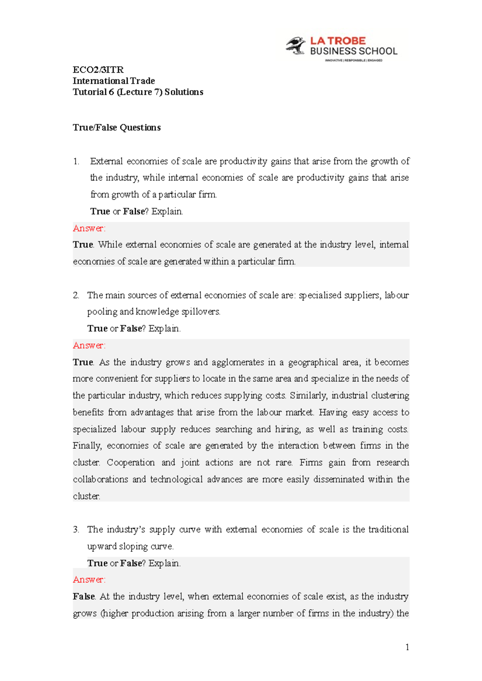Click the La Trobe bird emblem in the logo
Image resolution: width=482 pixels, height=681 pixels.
point(296,45)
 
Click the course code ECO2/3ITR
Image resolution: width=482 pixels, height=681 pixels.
point(98,70)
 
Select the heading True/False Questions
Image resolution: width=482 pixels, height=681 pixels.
point(116,128)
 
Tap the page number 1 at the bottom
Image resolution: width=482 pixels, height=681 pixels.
point(407,647)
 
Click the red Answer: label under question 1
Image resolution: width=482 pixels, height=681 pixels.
point(89,228)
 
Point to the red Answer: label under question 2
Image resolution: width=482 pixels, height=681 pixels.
point(89,345)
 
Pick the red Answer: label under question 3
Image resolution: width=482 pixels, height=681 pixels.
point(89,580)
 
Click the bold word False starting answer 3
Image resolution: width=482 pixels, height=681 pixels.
point(84,596)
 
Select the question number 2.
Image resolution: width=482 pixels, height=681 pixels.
point(76,295)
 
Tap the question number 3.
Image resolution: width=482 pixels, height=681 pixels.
point(76,529)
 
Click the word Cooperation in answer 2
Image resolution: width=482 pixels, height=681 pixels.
point(131,462)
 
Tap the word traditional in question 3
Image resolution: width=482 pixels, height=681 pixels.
point(388,529)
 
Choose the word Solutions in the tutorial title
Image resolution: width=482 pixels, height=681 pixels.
point(184,92)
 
